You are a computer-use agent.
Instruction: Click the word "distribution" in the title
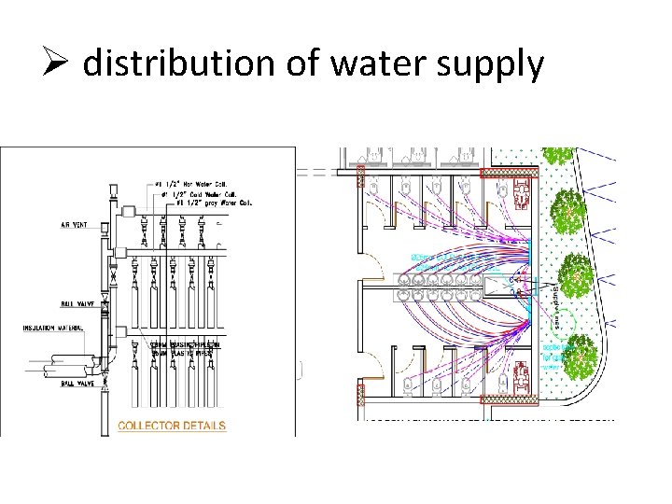tap(176, 64)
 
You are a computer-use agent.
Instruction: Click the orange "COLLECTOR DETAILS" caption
tap(172, 427)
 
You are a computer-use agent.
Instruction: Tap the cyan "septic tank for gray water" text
tap(553, 356)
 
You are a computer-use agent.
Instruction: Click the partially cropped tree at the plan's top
tap(559, 155)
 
